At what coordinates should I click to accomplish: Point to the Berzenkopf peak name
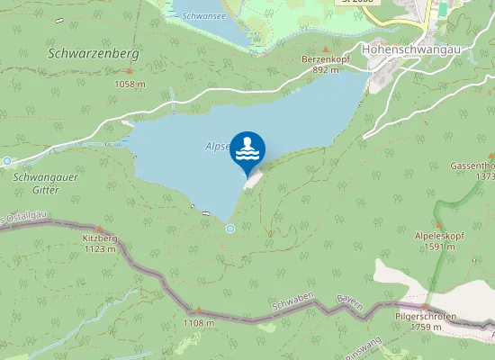(x=326, y=58)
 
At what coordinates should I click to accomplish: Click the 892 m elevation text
(x=326, y=69)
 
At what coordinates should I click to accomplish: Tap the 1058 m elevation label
(x=130, y=84)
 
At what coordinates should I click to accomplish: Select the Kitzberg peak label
(x=100, y=238)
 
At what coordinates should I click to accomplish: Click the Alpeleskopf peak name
(x=438, y=235)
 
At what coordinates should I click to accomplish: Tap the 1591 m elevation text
(x=438, y=246)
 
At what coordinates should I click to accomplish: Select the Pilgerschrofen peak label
(x=426, y=317)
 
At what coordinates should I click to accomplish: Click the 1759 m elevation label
(x=426, y=328)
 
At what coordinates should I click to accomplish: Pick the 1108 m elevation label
(x=198, y=322)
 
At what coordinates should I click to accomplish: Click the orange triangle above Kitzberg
(x=100, y=228)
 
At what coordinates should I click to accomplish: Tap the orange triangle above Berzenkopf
(x=326, y=49)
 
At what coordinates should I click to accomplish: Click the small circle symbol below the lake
(x=230, y=229)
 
